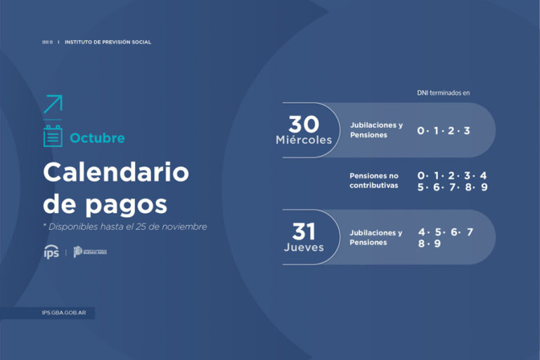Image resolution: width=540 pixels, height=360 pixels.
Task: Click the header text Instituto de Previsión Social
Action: pyautogui.click(x=108, y=42)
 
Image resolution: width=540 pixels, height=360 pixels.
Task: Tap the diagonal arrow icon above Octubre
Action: pyautogui.click(x=53, y=104)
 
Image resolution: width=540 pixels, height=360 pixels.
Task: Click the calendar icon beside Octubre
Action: pyautogui.click(x=53, y=137)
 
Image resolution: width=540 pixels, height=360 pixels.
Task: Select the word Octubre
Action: pyautogui.click(x=97, y=139)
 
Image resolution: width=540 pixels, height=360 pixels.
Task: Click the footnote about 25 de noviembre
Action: pyautogui.click(x=125, y=227)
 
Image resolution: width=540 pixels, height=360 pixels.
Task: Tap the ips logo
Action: pyautogui.click(x=51, y=252)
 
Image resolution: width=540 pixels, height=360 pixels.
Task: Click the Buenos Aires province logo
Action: pyautogui.click(x=90, y=252)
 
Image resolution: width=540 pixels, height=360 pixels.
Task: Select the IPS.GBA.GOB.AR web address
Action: pyautogui.click(x=64, y=313)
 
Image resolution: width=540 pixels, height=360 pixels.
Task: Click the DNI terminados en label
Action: pyautogui.click(x=443, y=92)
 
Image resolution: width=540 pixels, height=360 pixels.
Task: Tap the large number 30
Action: pyautogui.click(x=304, y=124)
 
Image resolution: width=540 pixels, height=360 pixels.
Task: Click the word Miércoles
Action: pyautogui.click(x=304, y=140)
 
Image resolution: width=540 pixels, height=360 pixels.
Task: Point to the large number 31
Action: pyautogui.click(x=304, y=231)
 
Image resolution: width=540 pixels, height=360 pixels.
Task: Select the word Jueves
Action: pyautogui.click(x=304, y=247)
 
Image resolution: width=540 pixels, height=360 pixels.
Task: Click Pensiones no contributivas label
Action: pyautogui.click(x=374, y=181)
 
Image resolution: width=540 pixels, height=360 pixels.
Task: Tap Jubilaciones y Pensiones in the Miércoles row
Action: pyautogui.click(x=376, y=130)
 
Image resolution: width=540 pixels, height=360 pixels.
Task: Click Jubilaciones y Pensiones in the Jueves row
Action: pyautogui.click(x=376, y=238)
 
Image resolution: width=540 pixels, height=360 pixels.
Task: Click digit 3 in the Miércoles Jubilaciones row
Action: pyautogui.click(x=467, y=131)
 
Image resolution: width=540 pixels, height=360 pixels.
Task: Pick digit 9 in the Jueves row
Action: pyautogui.click(x=437, y=244)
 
